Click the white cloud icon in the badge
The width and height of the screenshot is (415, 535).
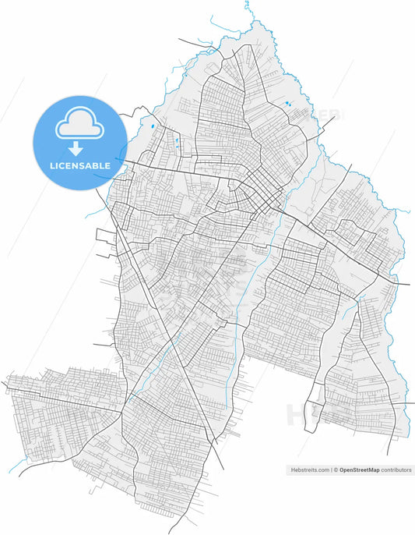click(76, 124)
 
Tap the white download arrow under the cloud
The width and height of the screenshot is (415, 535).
click(76, 148)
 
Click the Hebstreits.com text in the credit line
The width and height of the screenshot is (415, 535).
click(310, 471)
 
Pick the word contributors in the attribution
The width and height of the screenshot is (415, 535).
click(396, 471)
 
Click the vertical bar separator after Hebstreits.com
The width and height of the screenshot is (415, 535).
click(332, 471)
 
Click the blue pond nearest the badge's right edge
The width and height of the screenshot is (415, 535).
click(153, 126)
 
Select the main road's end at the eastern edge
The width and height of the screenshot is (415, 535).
click(408, 285)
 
